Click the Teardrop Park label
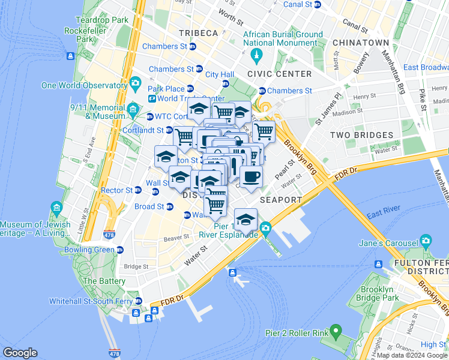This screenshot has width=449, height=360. pos(102,20)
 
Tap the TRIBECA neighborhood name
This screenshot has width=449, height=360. pos(197,33)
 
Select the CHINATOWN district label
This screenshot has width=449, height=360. pos(361,43)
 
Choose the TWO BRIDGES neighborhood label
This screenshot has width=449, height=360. pos(361,135)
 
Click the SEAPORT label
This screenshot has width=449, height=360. pos(281,199)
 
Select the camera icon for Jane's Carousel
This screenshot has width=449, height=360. pos(426,242)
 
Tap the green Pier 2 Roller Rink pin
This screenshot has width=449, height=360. pos(335,331)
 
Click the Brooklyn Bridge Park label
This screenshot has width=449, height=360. pos(378,292)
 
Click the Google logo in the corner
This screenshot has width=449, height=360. pos(20,353)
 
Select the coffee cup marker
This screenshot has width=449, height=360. pos(251,176)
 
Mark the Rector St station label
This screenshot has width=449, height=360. pos(116,190)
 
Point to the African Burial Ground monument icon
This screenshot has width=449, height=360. pos(256,56)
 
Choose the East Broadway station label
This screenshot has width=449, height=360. pos(426,67)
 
